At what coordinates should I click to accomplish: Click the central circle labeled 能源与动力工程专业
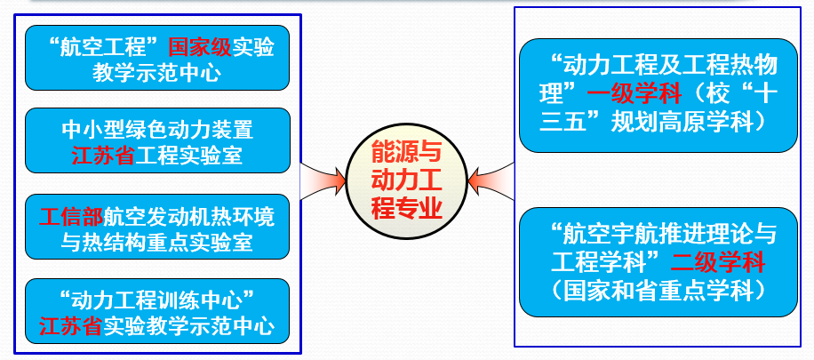tap(406, 180)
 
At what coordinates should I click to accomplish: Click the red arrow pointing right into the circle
tap(323, 181)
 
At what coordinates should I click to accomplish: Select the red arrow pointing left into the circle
tap(491, 181)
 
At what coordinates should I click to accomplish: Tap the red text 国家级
tap(200, 48)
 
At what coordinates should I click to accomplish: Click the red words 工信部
tap(71, 217)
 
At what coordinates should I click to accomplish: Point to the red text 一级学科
tap(634, 94)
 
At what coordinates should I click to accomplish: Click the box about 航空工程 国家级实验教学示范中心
tap(157, 58)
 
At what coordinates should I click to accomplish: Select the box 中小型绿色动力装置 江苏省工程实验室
tap(157, 140)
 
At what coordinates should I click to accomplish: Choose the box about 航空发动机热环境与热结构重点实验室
tap(157, 227)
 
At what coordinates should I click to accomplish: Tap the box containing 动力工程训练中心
tap(157, 311)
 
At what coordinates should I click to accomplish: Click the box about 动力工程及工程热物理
tap(658, 95)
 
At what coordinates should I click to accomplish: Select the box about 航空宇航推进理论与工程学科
tap(658, 262)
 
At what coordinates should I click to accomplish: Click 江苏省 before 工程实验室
tap(103, 156)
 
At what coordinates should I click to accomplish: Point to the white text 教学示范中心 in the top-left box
tap(157, 73)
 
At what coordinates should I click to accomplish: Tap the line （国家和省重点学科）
tap(658, 291)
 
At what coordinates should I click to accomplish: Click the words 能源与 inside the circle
tap(406, 153)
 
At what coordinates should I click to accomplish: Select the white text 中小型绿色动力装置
tap(157, 130)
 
